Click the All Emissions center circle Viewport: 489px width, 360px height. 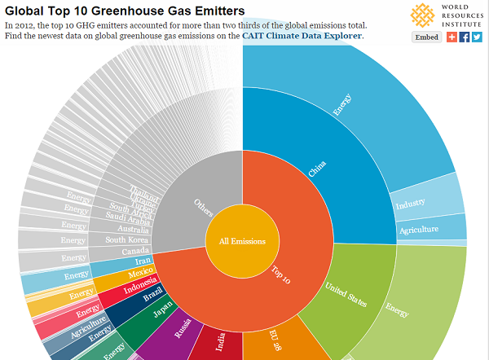click(x=241, y=241)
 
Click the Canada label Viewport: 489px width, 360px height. click(x=136, y=251)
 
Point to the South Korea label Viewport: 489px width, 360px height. click(x=126, y=239)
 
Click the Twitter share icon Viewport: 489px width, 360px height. click(x=477, y=37)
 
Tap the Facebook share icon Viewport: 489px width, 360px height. click(x=465, y=37)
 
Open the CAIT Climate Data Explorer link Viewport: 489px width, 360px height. click(x=302, y=36)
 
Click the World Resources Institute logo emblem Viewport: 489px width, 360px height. click(x=422, y=15)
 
